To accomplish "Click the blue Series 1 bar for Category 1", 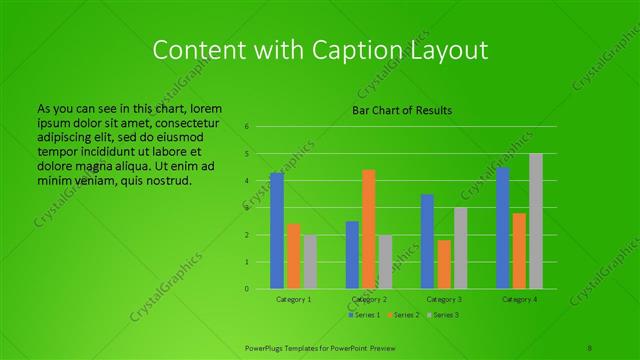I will coord(277,231).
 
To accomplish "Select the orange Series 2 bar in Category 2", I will coord(369,229).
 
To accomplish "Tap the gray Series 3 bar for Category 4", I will coord(536,221).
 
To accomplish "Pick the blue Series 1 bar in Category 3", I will coord(428,241).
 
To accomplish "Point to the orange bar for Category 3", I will coord(444,264).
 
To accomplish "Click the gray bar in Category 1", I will coord(310,262).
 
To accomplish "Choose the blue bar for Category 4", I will coord(503,228).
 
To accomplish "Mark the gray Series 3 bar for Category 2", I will coord(385,262).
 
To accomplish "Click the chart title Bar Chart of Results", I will coord(402,109).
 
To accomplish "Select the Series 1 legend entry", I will coord(363,315).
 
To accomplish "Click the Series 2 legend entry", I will coord(403,315).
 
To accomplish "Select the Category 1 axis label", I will coord(293,299).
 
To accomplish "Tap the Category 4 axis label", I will coord(519,299).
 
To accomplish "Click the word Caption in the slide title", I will coord(323,49).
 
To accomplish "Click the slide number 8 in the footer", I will coord(590,346).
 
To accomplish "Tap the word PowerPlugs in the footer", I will coord(266,346).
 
